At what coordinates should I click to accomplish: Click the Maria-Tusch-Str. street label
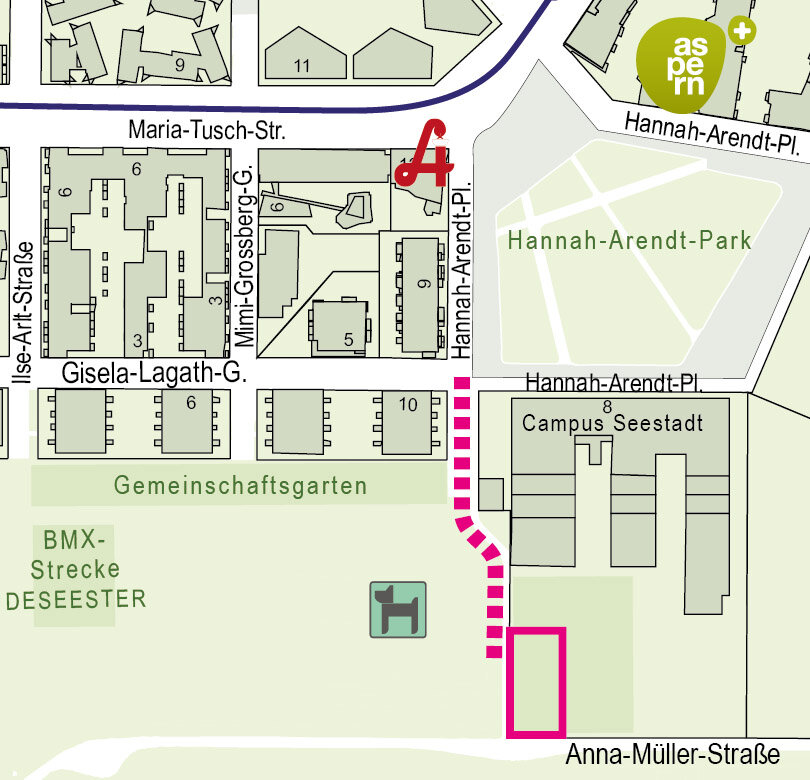(x=208, y=131)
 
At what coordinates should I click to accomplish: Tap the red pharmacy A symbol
(x=425, y=155)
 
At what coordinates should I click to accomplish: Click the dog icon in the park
(x=398, y=609)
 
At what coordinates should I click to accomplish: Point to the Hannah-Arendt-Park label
(x=629, y=241)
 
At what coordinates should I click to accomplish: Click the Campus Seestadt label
(x=612, y=423)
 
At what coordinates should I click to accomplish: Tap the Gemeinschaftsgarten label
(x=240, y=486)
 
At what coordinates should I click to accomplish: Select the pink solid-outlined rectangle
(x=537, y=682)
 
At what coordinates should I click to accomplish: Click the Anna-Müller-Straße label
(x=672, y=754)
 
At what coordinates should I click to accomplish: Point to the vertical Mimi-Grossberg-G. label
(x=244, y=258)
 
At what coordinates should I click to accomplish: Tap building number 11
(x=303, y=67)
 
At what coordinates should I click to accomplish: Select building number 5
(x=348, y=340)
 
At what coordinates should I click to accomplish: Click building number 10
(x=407, y=404)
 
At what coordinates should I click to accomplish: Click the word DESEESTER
(x=76, y=600)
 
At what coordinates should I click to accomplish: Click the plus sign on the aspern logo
(x=742, y=30)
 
